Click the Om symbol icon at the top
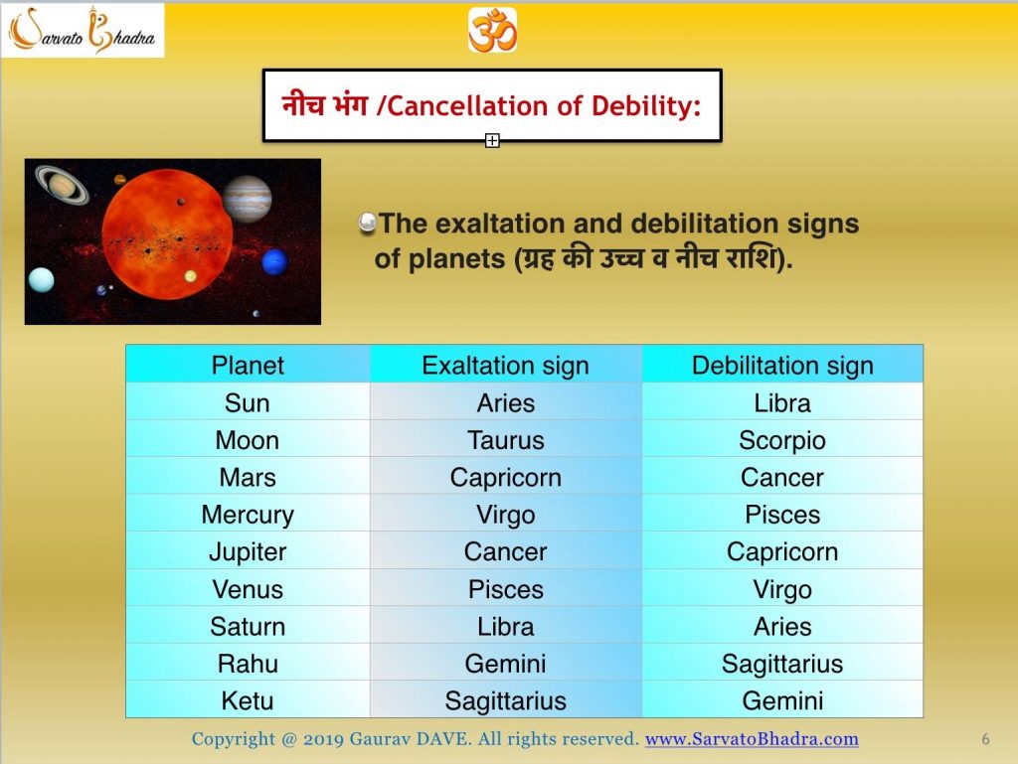click(x=492, y=29)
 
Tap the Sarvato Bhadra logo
click(x=84, y=30)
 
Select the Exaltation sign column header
click(x=505, y=365)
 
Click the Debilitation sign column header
click(x=782, y=365)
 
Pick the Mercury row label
click(x=248, y=515)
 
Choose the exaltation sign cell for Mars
click(x=505, y=477)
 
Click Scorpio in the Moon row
click(x=782, y=440)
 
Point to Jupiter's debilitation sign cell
click(x=782, y=551)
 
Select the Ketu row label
click(x=248, y=700)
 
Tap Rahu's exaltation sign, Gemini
click(x=505, y=664)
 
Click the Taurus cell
click(x=505, y=440)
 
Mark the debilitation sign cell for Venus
click(x=782, y=589)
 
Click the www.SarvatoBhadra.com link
click(x=752, y=739)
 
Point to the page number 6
click(x=985, y=739)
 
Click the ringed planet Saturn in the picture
click(x=63, y=183)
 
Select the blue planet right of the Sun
click(x=274, y=261)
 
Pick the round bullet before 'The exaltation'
click(x=367, y=224)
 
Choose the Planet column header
click(x=248, y=365)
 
